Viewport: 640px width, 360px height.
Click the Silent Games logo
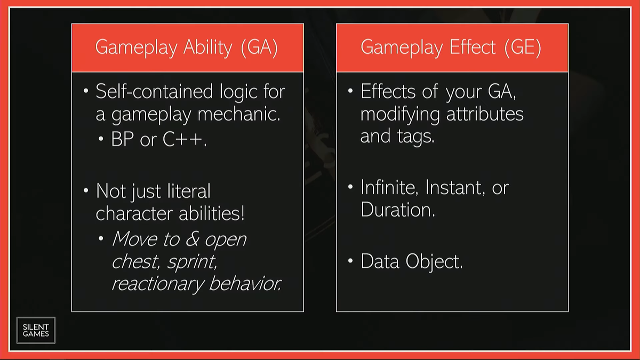pyautogui.click(x=36, y=330)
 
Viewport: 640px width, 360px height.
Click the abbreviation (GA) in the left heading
pyautogui.click(x=259, y=47)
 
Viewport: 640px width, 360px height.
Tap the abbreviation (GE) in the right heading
pyautogui.click(x=523, y=47)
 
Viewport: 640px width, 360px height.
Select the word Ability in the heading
pyautogui.click(x=207, y=47)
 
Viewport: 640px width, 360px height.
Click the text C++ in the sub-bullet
pyautogui.click(x=185, y=139)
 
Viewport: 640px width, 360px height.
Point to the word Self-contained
pyautogui.click(x=154, y=91)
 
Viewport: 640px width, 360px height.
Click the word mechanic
pyautogui.click(x=239, y=114)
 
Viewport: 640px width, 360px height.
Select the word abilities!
pyautogui.click(x=212, y=213)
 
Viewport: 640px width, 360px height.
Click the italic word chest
pyautogui.click(x=135, y=261)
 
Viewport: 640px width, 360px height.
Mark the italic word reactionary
pyautogui.click(x=158, y=284)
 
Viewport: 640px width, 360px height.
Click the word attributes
pyautogui.click(x=485, y=114)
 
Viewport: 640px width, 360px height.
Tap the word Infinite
pyautogui.click(x=389, y=188)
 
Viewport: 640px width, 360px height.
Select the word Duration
pyautogui.click(x=398, y=210)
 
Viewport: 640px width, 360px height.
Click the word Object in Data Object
pyautogui.click(x=434, y=262)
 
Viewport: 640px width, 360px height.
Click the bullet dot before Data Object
pyautogui.click(x=350, y=261)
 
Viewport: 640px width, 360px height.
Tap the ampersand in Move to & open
pyautogui.click(x=192, y=239)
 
